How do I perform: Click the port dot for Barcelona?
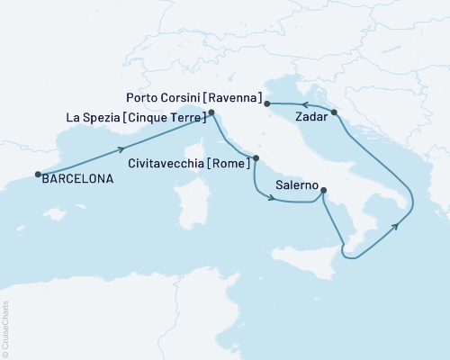point(38,175)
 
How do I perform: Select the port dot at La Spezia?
point(211,112)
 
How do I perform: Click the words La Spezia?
point(93,117)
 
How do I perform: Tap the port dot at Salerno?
point(324,190)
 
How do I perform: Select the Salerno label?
point(296,185)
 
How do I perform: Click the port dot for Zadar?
point(334,112)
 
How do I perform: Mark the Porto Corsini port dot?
point(267,104)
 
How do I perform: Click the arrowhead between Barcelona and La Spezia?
point(121,149)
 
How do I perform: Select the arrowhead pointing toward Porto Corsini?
point(297,104)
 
